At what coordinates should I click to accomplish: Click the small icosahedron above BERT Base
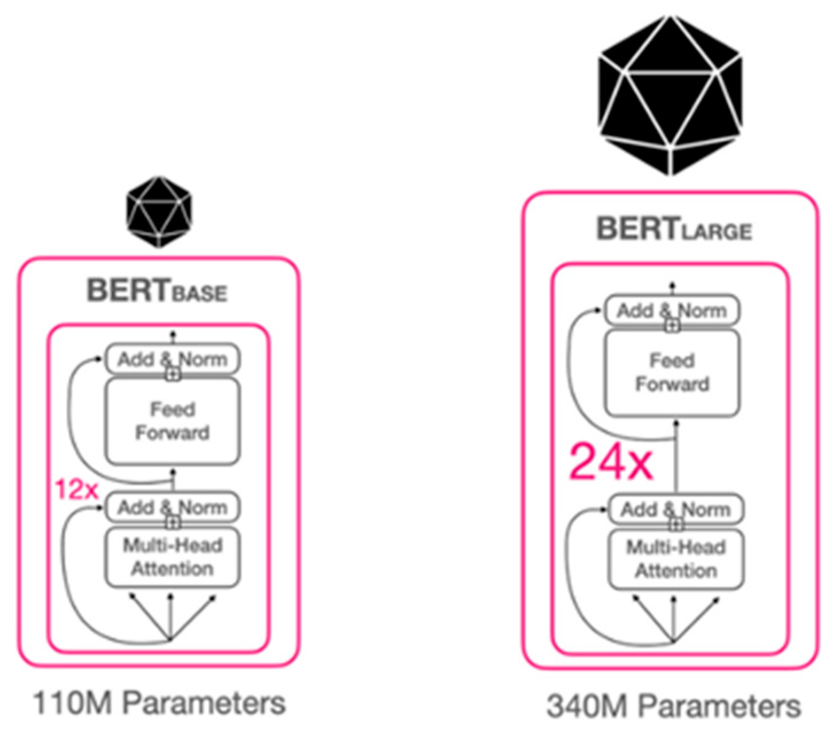[x=159, y=212]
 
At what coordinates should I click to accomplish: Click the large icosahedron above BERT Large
[x=670, y=95]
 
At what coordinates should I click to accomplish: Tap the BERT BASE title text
[x=157, y=291]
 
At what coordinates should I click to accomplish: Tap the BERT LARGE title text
[x=674, y=229]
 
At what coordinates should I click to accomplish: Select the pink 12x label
[x=77, y=490]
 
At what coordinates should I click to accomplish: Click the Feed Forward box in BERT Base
[x=172, y=421]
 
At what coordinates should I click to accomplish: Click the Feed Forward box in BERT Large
[x=672, y=373]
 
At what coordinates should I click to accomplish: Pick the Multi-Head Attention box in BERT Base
[x=172, y=557]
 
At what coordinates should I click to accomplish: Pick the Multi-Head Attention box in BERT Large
[x=676, y=559]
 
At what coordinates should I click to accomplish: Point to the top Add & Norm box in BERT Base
[x=172, y=359]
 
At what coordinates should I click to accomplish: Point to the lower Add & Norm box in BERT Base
[x=172, y=507]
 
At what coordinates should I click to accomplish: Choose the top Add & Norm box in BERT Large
[x=672, y=311]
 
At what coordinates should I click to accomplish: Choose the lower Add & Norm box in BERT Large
[x=676, y=509]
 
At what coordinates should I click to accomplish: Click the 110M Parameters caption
[x=159, y=702]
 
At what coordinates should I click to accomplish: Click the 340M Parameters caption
[x=673, y=706]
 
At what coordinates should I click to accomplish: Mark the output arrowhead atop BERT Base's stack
[x=173, y=333]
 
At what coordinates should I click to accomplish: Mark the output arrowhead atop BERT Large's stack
[x=672, y=284]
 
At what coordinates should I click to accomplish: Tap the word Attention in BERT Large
[x=676, y=571]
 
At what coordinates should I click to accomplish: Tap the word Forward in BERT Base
[x=172, y=433]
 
